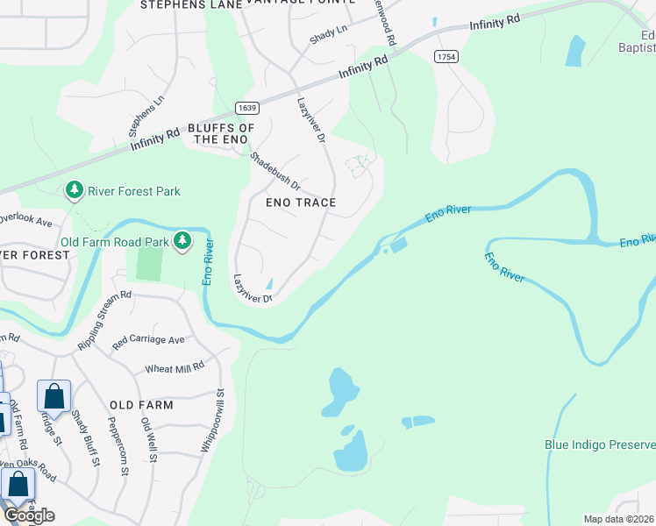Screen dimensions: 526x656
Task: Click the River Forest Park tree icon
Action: [x=75, y=190]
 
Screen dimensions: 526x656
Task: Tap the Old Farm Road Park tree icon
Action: [x=182, y=240]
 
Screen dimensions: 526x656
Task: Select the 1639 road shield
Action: [x=246, y=108]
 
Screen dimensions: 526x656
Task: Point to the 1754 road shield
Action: [x=445, y=56]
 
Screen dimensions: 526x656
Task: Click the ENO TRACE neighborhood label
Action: [x=301, y=203]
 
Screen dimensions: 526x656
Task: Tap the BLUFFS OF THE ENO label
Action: [x=221, y=133]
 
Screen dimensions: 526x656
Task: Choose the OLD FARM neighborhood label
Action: [x=142, y=405]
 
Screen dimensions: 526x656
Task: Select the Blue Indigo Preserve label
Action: [x=599, y=445]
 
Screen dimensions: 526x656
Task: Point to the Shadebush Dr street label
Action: [x=275, y=173]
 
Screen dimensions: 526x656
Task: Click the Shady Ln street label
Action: [x=328, y=35]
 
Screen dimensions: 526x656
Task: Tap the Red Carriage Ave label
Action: [x=148, y=340]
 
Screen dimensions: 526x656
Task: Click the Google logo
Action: [x=29, y=515]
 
